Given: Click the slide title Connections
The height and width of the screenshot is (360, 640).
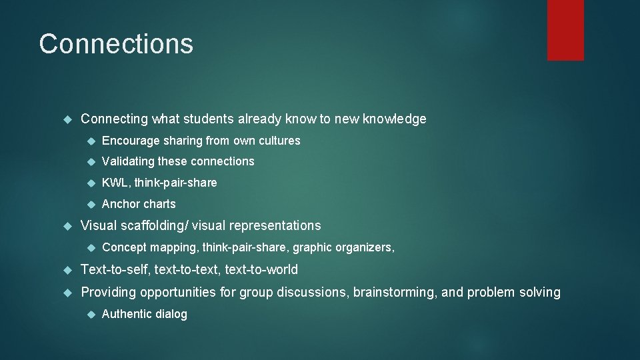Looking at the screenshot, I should click(x=116, y=44).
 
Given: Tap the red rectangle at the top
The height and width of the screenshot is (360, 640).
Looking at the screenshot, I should click(x=565, y=30).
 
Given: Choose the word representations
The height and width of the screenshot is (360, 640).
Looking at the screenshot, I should click(x=279, y=226).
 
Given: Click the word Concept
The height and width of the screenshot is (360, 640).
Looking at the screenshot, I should click(x=125, y=247).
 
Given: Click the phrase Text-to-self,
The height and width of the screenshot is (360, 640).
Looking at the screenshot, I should click(x=115, y=270).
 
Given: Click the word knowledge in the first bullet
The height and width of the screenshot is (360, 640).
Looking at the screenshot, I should click(x=395, y=119).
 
